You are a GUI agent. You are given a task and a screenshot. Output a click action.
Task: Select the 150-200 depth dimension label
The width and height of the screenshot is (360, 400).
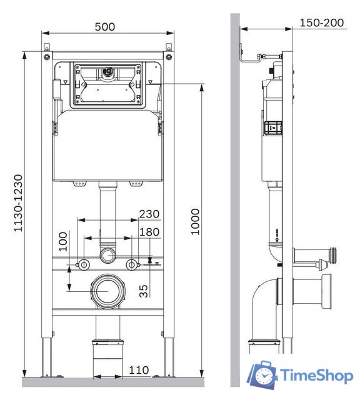pos(321,22)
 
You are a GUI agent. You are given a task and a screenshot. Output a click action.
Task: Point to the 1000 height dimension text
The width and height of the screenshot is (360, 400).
pos(196,221)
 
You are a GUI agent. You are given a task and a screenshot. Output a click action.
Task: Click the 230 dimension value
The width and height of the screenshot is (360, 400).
pos(149,214)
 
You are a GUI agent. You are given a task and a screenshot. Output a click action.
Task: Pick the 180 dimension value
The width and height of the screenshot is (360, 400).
pos(149,232)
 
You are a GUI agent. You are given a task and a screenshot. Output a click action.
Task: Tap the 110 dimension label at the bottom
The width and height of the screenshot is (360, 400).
pos(139,370)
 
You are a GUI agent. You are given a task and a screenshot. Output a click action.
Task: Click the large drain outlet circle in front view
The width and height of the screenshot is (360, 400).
pos(108,291)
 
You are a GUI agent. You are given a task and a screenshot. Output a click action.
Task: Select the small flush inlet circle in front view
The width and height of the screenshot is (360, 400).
pos(108,255)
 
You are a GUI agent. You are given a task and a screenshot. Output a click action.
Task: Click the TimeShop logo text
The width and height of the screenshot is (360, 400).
pos(317,376)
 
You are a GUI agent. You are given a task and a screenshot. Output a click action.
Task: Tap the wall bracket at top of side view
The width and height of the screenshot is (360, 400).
pos(251,57)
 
